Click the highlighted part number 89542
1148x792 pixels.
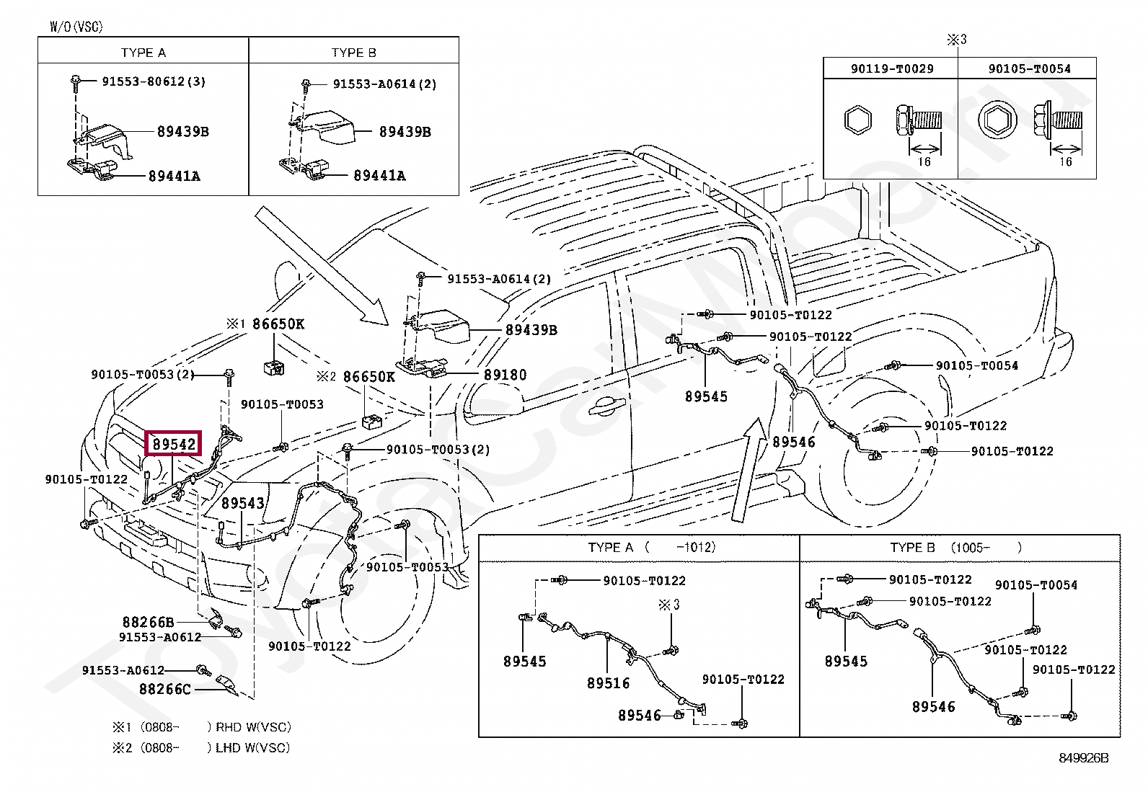coord(173,445)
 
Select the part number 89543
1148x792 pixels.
coord(242,502)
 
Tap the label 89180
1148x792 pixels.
coord(505,375)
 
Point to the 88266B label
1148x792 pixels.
coord(148,621)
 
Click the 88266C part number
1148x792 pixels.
coord(165,689)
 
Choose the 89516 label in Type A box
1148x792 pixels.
coord(608,683)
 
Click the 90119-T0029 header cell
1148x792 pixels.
coord(892,68)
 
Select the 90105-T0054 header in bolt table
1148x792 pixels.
coord(1029,68)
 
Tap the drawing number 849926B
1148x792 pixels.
coord(1083,757)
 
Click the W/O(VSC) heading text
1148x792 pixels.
coord(76,27)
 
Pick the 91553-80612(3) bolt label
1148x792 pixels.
coord(153,81)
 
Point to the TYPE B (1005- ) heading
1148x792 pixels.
coord(955,548)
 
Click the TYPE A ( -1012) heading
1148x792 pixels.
coord(651,548)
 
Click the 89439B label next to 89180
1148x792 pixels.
coord(531,330)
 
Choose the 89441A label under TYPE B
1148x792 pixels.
coord(379,175)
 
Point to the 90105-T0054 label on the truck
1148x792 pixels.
coord(976,365)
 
